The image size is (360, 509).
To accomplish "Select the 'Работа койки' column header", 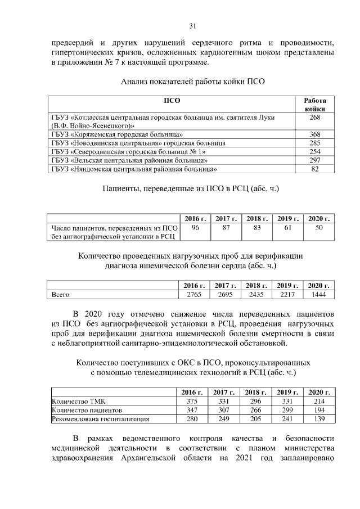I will [x=315, y=104].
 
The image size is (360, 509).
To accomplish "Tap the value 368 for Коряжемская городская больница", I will [x=315, y=134].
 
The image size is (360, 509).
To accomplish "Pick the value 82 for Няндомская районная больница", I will [x=315, y=169].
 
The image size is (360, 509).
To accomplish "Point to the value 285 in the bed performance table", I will [x=315, y=143].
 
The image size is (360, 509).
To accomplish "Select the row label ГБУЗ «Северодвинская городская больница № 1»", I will [x=129, y=152].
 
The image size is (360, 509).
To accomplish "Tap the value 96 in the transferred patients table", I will [x=196, y=228].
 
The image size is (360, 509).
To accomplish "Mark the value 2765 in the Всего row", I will [x=193, y=294].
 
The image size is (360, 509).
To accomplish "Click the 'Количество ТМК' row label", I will [x=75, y=402].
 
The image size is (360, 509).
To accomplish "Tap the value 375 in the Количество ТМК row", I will [x=193, y=402].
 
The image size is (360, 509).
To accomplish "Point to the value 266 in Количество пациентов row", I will [x=256, y=411].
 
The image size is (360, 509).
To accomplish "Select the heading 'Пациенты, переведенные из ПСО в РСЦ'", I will [x=191, y=188].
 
